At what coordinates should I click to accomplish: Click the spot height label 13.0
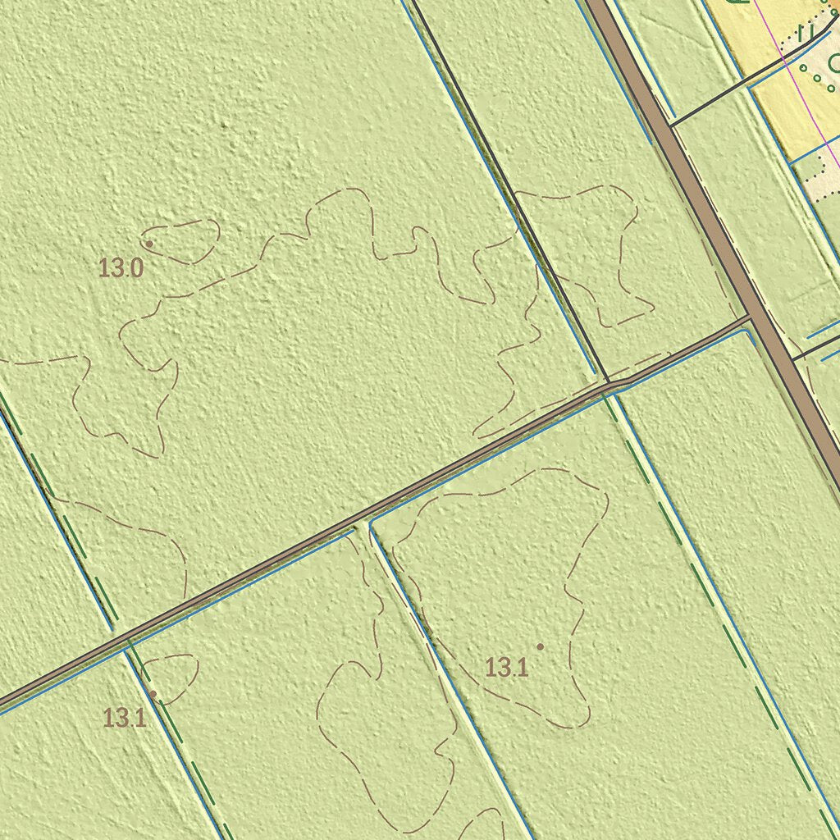[x=121, y=267]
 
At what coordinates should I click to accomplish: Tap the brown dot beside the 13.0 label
[x=149, y=244]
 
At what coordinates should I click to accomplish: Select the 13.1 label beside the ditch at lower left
[x=125, y=718]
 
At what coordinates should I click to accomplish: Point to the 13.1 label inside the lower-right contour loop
[x=506, y=668]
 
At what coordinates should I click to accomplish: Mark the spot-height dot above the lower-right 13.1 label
[x=540, y=646]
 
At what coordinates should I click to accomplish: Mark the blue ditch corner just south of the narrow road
[x=372, y=525]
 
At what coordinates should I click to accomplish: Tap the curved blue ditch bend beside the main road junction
[x=748, y=331]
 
